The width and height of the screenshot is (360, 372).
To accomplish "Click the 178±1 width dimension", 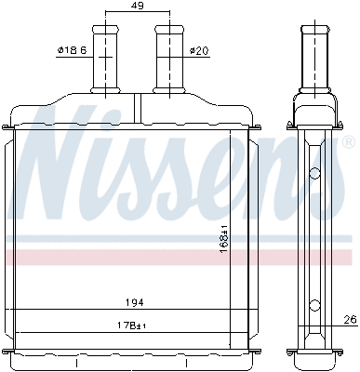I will [138, 324].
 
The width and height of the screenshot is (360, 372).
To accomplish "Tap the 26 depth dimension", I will [349, 322].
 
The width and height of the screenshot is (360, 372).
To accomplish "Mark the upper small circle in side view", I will [315, 172].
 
